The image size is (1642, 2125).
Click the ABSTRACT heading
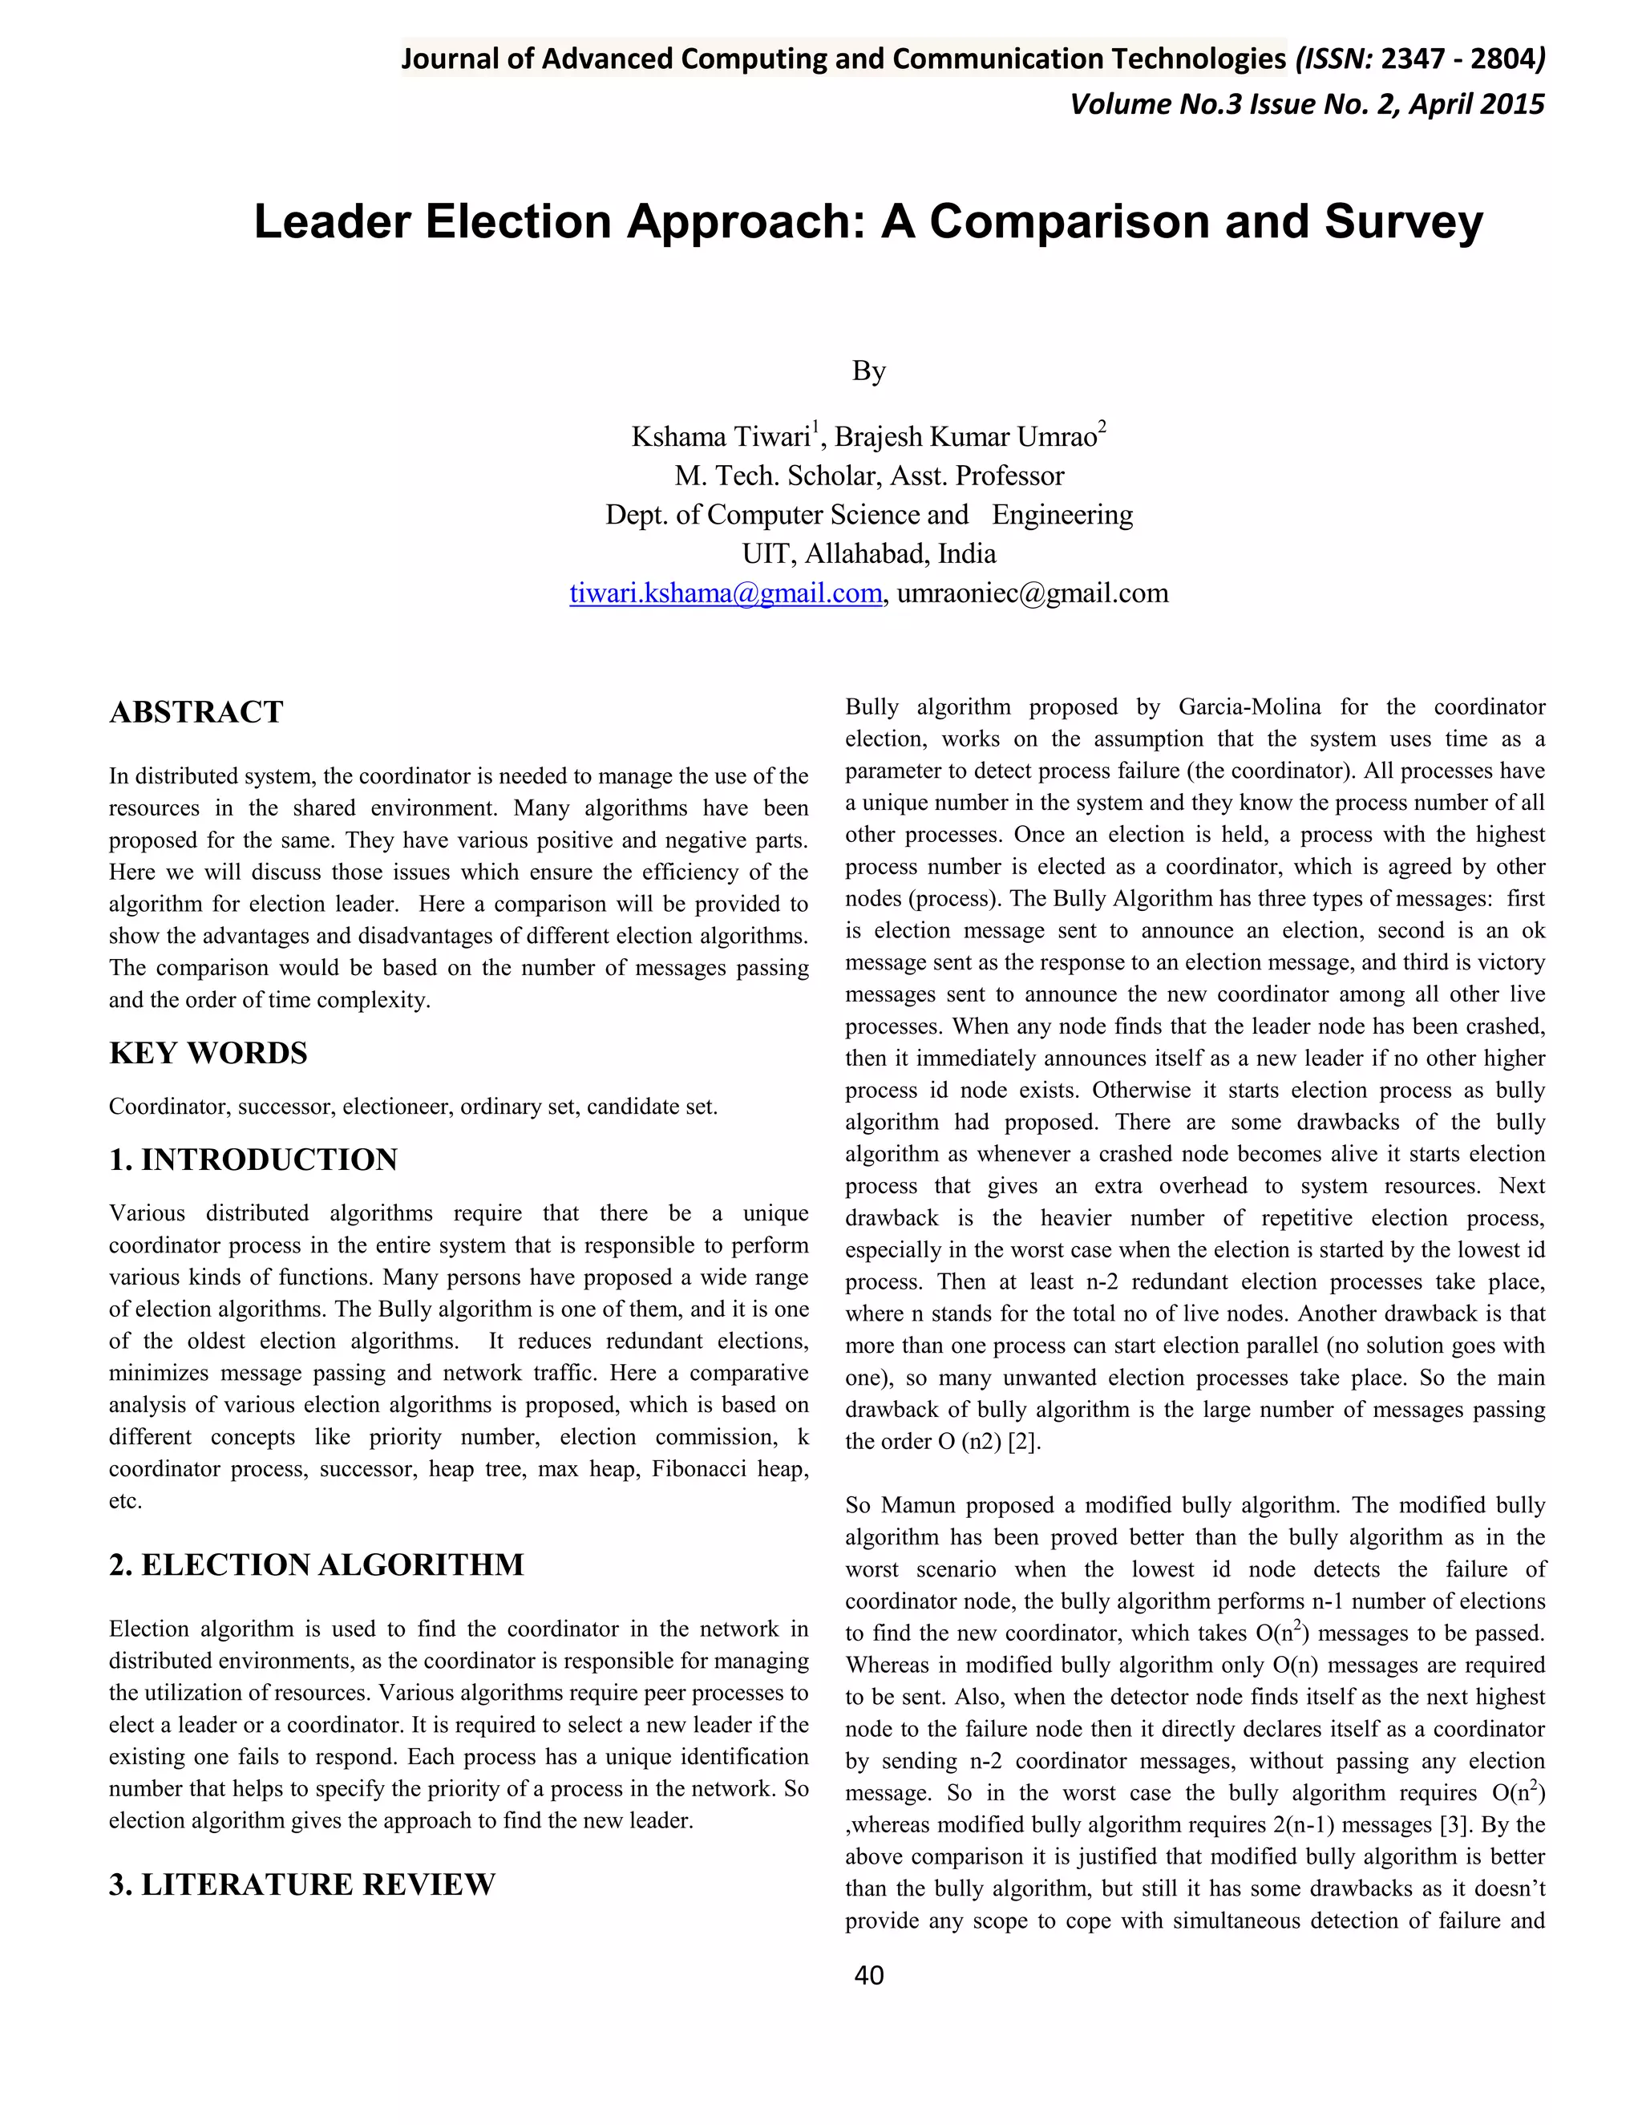[x=196, y=712]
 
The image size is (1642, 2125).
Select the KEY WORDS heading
[x=208, y=1054]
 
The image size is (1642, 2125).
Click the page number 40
[x=868, y=1975]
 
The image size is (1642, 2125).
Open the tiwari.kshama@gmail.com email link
[x=725, y=593]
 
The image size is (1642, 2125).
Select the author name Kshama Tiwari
[x=721, y=437]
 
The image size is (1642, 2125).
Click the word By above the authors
[x=868, y=372]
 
